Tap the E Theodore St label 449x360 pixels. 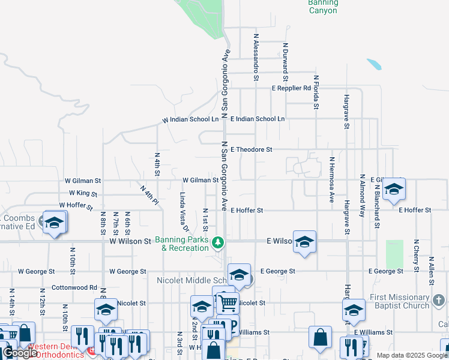coord(252,149)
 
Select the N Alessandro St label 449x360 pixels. coord(256,61)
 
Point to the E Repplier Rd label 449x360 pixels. coord(291,88)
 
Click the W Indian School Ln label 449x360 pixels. coord(190,120)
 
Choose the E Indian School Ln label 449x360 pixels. coord(258,119)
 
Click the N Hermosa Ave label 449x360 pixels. coord(331,180)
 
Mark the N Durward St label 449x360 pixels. coord(286,61)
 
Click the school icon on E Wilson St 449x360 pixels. coord(304,241)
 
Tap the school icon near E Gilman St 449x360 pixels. coord(393,189)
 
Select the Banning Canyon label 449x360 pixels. coord(323,7)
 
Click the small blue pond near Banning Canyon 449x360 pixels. coord(373,63)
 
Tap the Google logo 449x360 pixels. coord(20,353)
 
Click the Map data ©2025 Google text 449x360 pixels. coord(412,355)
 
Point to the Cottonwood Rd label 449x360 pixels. coord(74,287)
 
